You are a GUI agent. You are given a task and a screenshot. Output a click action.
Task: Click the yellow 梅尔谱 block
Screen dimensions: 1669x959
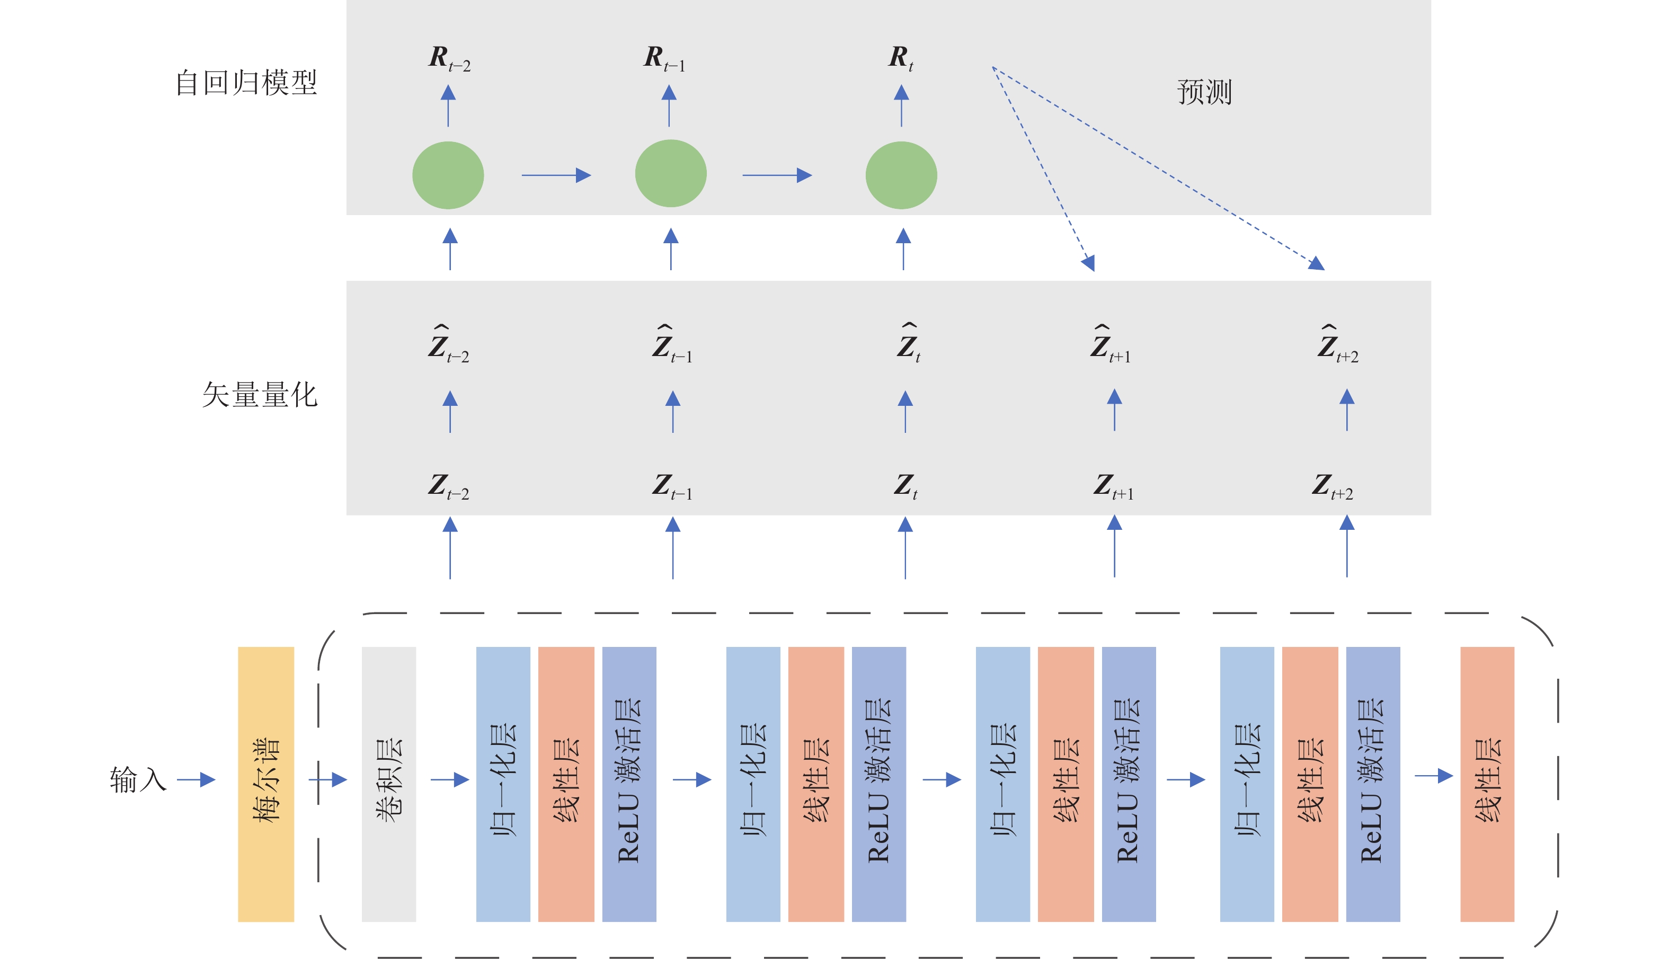click(x=265, y=784)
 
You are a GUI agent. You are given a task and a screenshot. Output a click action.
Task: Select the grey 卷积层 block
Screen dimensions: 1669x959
click(x=388, y=784)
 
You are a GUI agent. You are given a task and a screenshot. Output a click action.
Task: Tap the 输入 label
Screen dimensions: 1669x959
click(x=138, y=779)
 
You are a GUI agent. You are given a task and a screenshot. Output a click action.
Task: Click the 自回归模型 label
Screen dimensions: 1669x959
click(x=246, y=83)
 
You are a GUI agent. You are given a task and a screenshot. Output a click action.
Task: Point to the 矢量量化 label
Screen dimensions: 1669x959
click(x=260, y=395)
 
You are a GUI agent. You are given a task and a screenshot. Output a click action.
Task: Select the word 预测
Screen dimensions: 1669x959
click(x=1204, y=92)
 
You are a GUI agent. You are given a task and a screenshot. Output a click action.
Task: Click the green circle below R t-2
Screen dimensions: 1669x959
click(x=448, y=175)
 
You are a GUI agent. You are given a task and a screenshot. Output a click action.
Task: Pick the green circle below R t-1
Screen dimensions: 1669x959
click(x=670, y=174)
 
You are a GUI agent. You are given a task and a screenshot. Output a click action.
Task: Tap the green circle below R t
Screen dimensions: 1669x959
click(x=901, y=175)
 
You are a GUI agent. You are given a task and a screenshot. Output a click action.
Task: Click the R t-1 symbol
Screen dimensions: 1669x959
click(x=664, y=59)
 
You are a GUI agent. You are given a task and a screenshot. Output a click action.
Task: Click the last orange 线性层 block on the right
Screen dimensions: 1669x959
click(x=1487, y=784)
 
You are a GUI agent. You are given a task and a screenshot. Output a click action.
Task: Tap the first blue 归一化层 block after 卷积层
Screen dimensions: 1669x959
click(x=503, y=784)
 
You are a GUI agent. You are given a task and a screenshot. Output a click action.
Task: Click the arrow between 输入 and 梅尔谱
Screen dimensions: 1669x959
click(x=196, y=780)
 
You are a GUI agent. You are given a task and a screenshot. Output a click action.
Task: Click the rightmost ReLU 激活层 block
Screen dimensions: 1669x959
click(x=1373, y=784)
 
